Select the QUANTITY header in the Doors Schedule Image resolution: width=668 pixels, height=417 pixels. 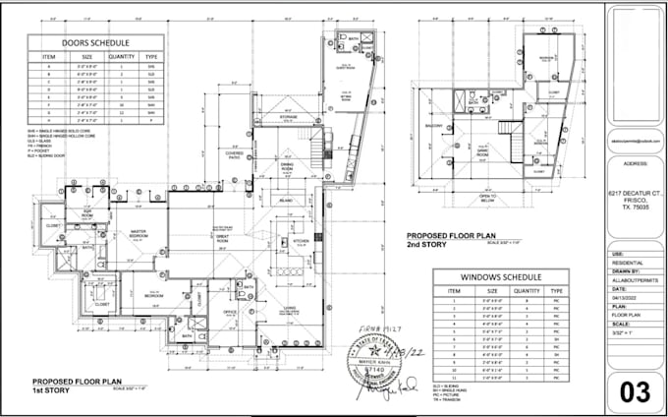point(121,57)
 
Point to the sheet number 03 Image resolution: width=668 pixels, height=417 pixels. point(635,390)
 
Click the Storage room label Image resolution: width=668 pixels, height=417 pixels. point(288,116)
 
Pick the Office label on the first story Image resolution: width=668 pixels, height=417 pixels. point(229,313)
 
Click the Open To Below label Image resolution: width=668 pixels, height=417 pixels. point(487,197)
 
